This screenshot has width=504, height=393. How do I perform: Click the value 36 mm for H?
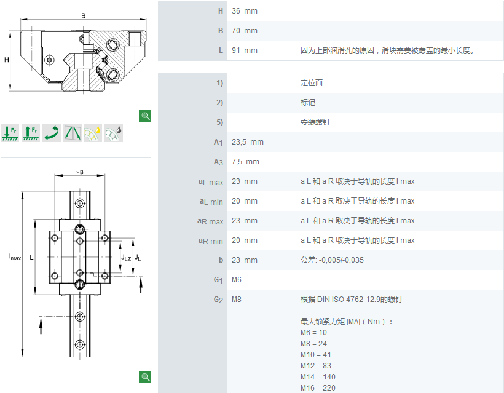click(244, 11)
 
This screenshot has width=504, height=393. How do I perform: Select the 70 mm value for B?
click(244, 31)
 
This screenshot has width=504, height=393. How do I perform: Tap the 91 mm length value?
click(244, 50)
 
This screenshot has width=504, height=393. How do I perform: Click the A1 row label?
click(218, 142)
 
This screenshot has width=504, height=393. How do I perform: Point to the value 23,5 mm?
click(248, 142)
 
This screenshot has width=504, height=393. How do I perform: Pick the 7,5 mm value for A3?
click(245, 162)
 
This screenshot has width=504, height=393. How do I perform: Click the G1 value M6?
click(236, 280)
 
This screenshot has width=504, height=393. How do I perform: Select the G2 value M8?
click(236, 300)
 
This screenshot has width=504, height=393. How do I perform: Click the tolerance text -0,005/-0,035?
click(341, 260)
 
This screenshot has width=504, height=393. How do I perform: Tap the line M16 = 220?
click(318, 388)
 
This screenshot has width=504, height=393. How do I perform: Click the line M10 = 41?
click(316, 355)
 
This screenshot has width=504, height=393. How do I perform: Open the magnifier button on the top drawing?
click(145, 116)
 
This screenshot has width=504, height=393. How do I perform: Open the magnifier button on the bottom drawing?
click(145, 377)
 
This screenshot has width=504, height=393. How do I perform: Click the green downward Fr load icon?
click(10, 132)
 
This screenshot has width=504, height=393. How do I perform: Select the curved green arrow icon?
click(52, 132)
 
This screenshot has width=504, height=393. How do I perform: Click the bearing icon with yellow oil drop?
click(93, 132)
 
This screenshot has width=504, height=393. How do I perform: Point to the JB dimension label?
click(80, 170)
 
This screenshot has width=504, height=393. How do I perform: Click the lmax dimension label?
click(15, 257)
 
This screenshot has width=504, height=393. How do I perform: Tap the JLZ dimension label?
click(126, 257)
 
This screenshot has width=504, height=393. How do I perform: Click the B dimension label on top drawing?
click(83, 15)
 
